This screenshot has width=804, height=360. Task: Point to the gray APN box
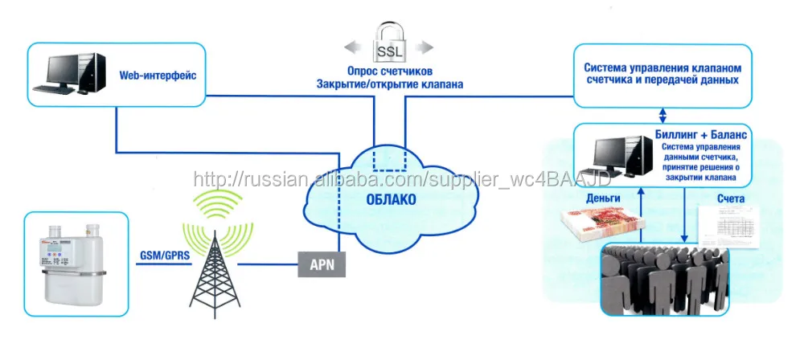[322, 263]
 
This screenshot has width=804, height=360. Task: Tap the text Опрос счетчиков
[390, 72]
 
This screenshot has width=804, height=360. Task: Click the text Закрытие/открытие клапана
[390, 84]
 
